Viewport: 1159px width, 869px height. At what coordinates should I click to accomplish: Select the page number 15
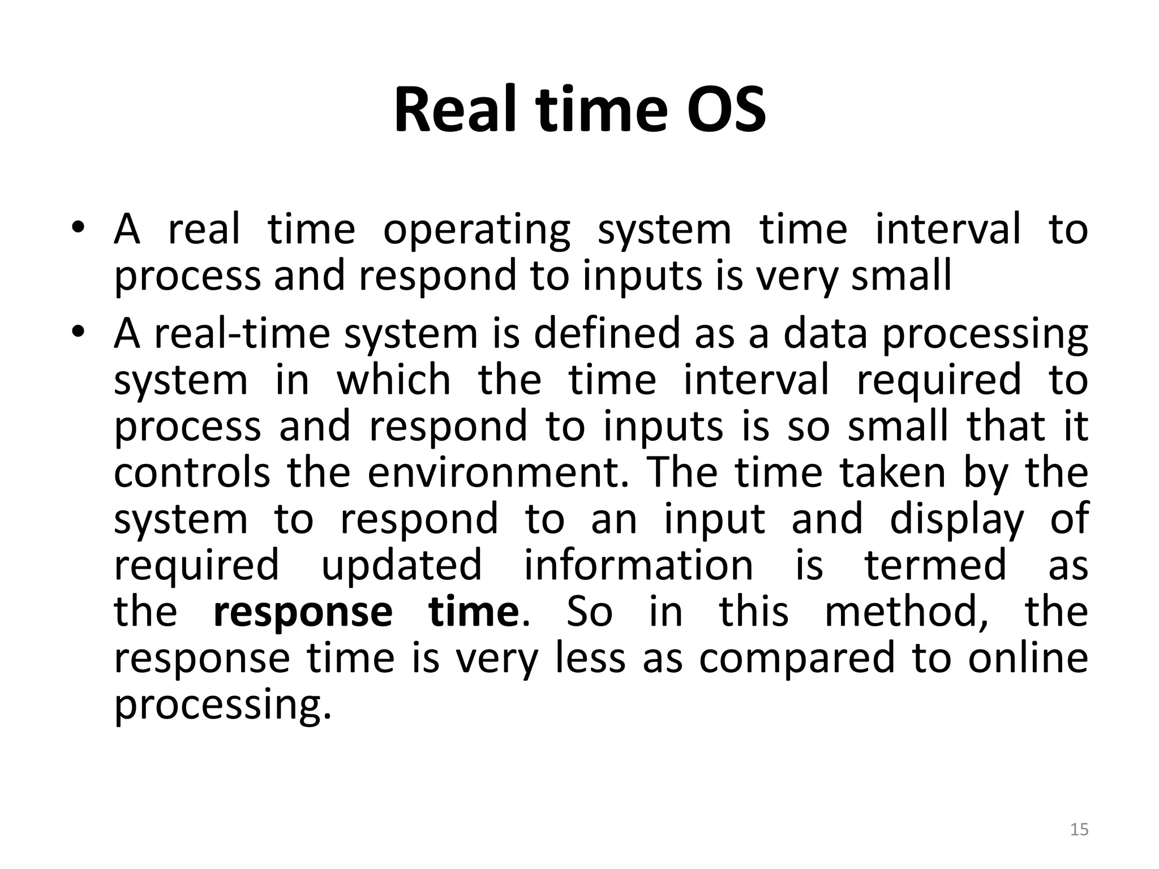coord(1079,829)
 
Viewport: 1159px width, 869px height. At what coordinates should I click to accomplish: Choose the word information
coord(638,565)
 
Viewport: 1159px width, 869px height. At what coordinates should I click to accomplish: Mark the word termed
coord(936,565)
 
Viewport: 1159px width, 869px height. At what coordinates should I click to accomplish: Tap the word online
coord(1028,657)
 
